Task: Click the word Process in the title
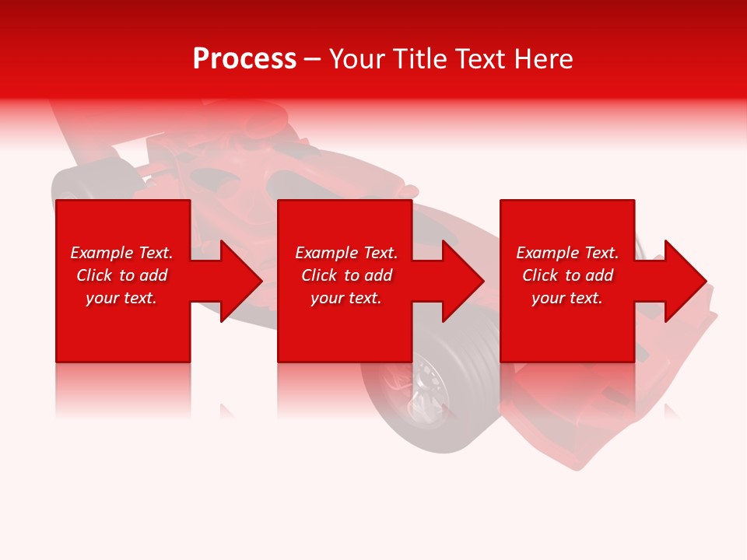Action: (244, 59)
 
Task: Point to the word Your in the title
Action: (359, 59)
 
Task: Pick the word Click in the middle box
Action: (318, 275)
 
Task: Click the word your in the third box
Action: (549, 298)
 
